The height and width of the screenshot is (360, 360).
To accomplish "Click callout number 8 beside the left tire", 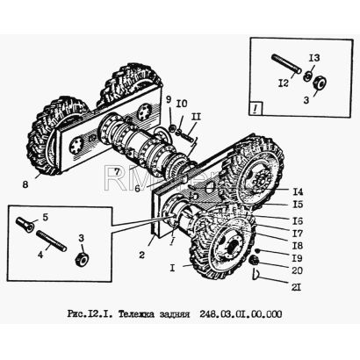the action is click(25, 185).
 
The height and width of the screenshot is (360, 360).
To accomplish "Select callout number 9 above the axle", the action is click(169, 100).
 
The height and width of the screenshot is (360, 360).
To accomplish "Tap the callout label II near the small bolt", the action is click(196, 118).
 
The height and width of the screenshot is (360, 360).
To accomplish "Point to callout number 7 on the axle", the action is click(117, 172).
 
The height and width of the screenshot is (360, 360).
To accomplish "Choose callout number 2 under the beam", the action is click(141, 256).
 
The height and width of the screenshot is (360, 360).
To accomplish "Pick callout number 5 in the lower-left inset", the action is click(45, 218).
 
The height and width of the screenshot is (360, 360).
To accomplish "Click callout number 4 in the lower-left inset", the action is click(40, 255).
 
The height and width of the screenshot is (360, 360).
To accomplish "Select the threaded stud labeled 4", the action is click(52, 241).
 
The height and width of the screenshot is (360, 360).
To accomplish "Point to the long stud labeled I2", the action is click(286, 64).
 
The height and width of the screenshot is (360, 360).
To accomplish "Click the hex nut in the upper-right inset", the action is click(320, 83).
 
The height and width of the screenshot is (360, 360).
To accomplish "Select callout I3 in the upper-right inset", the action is click(314, 58).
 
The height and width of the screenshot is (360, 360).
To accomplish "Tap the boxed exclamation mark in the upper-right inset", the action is click(256, 110).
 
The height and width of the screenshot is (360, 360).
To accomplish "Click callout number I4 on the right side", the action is click(298, 192).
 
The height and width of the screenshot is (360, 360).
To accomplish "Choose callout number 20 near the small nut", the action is click(297, 270).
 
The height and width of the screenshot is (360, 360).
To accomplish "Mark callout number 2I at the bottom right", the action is click(296, 287).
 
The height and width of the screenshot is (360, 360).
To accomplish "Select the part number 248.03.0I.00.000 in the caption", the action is click(241, 314).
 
